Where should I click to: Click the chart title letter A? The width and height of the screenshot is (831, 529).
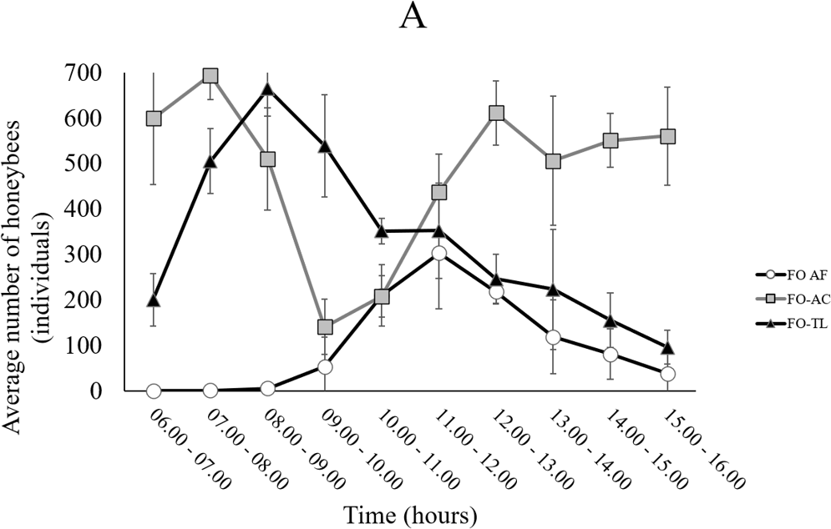pyautogui.click(x=413, y=18)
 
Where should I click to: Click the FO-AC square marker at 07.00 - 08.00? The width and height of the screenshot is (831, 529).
pyautogui.click(x=210, y=76)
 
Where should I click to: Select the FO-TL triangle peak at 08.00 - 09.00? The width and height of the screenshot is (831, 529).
pyautogui.click(x=267, y=89)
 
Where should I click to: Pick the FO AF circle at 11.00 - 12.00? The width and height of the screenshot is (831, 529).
pyautogui.click(x=439, y=254)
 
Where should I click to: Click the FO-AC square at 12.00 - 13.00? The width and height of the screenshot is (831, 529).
pyautogui.click(x=496, y=113)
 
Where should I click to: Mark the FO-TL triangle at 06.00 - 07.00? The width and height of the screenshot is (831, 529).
pyautogui.click(x=153, y=300)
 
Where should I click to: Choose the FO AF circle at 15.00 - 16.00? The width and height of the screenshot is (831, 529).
pyautogui.click(x=667, y=374)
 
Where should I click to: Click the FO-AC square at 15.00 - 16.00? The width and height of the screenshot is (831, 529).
pyautogui.click(x=667, y=137)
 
